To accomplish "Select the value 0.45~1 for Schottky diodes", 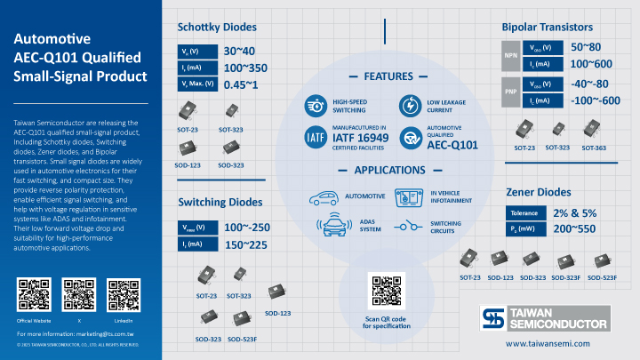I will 241,84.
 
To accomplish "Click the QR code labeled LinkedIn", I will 123,294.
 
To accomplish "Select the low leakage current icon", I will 409,106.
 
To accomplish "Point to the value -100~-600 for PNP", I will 595,100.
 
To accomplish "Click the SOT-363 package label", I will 595,148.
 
